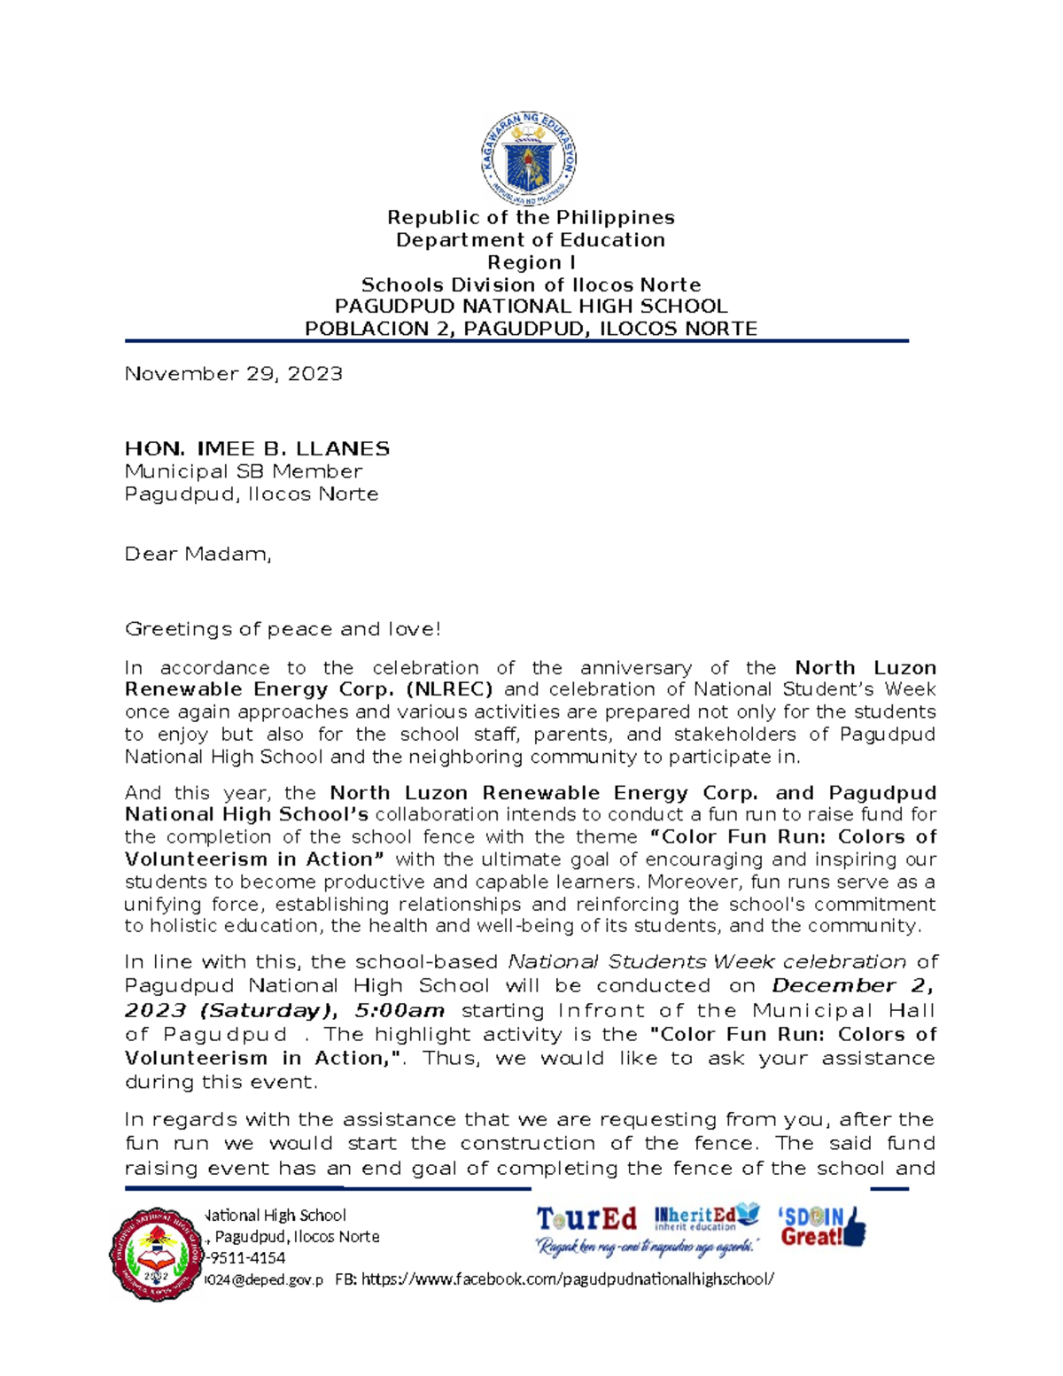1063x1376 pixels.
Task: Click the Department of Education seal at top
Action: coord(530,159)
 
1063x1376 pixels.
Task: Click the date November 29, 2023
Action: coord(233,374)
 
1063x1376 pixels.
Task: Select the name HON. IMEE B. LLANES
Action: coord(257,449)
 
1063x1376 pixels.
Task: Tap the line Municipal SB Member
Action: coord(244,471)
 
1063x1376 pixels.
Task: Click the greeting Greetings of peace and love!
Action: coord(283,629)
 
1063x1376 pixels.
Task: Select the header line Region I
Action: coord(531,262)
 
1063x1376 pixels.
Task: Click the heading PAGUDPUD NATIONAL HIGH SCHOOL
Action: coord(531,307)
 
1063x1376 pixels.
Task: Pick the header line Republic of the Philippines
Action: coord(531,218)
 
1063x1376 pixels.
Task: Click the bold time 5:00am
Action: coord(400,1010)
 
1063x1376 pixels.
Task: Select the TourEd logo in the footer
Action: coord(586,1220)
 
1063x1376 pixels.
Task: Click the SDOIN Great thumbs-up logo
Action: coord(821,1227)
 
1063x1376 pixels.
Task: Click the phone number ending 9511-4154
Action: coord(245,1258)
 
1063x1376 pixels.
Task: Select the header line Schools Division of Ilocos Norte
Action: coord(531,285)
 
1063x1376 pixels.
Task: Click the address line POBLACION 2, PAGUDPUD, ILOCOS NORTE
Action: coord(531,329)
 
